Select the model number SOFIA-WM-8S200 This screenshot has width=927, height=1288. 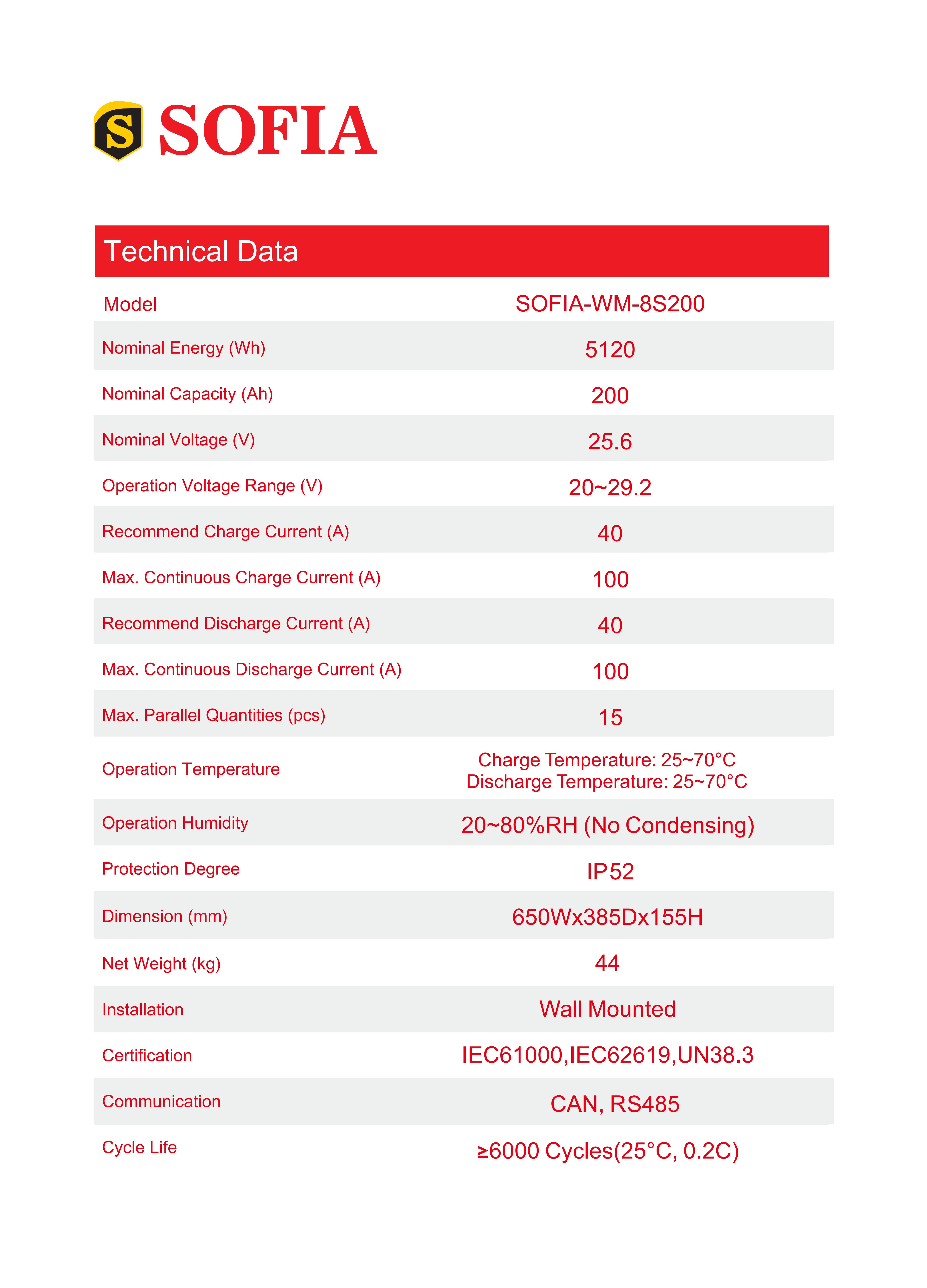609,304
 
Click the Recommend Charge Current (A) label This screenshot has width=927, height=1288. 226,532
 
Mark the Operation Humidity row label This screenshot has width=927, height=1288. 175,823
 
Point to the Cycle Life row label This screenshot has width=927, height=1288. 139,1147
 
